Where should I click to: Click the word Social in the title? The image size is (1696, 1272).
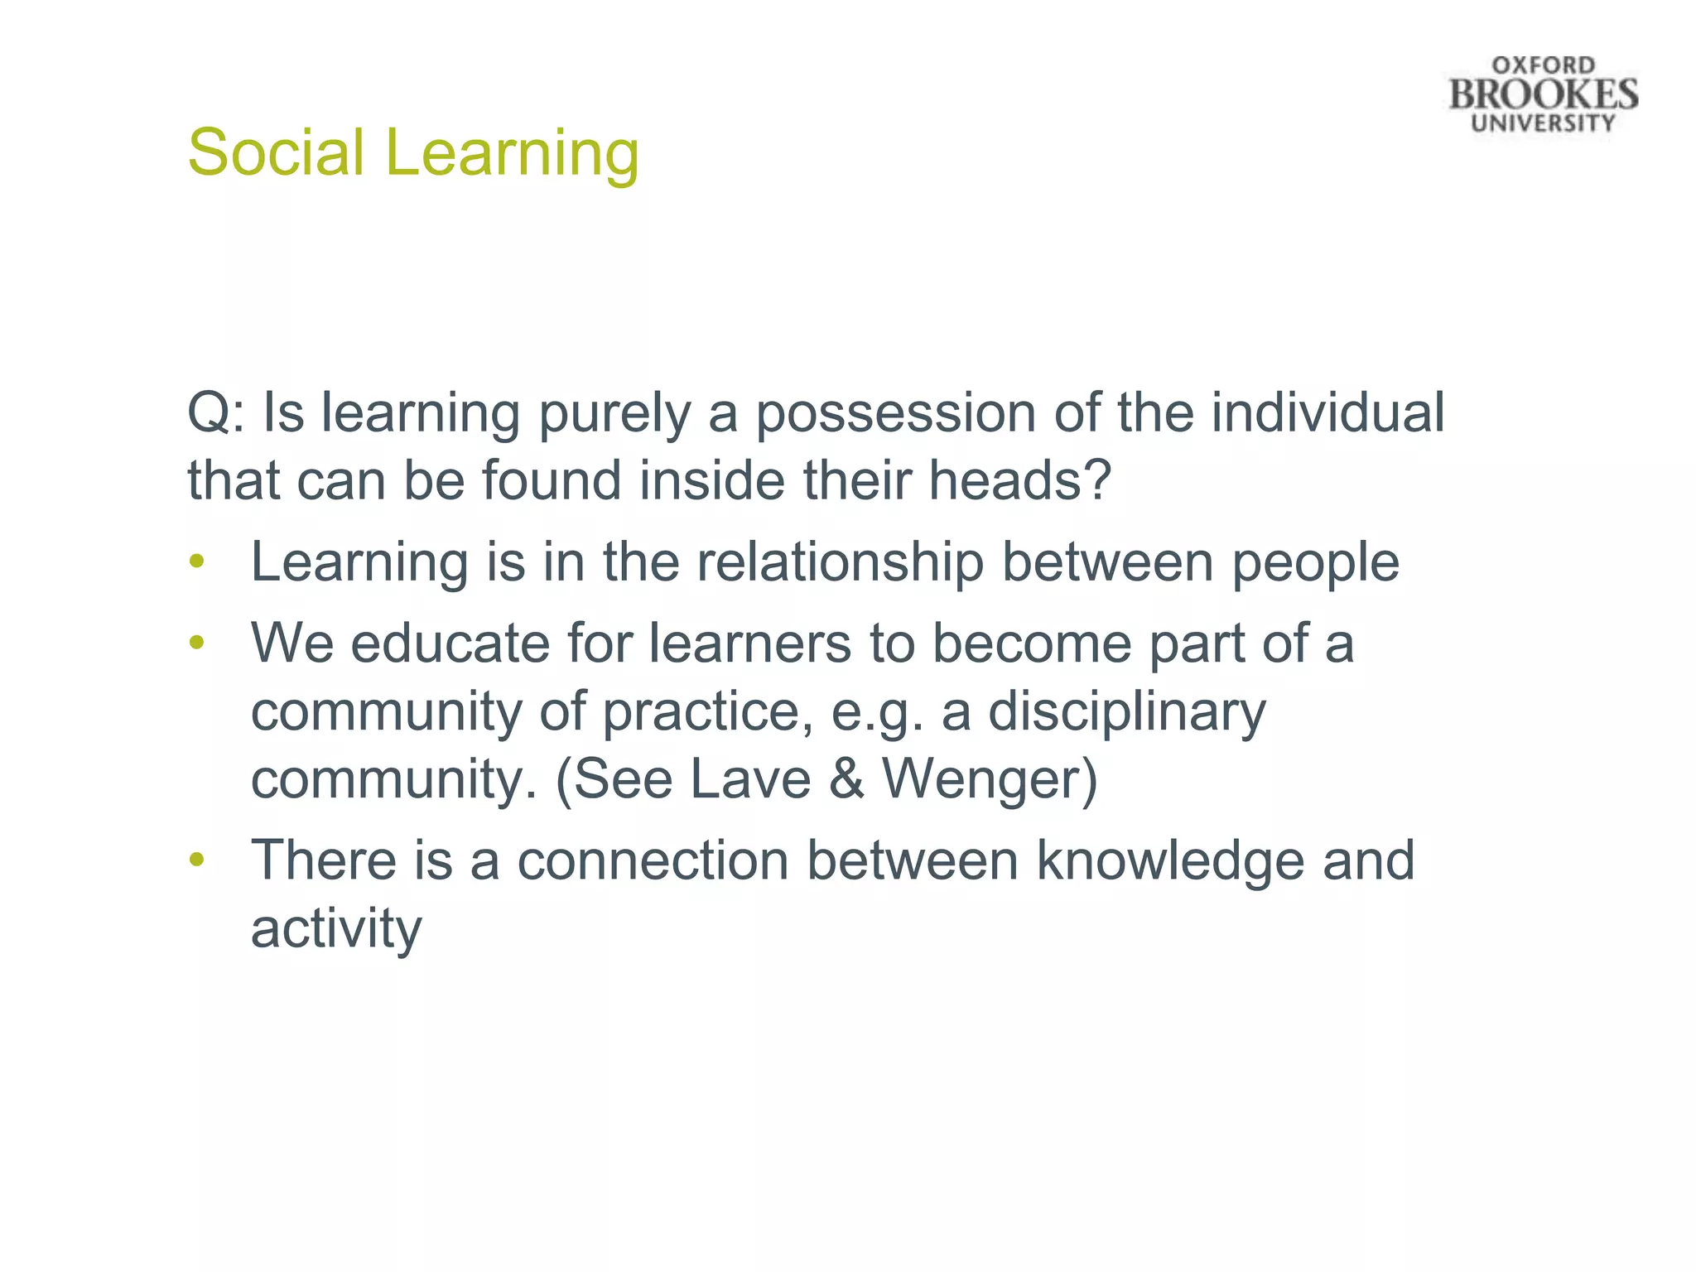point(276,152)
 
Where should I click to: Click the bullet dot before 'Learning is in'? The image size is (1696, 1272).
point(196,562)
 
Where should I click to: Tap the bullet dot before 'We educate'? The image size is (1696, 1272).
point(196,643)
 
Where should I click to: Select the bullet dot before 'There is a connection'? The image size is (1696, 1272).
point(196,860)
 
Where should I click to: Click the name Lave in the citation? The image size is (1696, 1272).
point(749,779)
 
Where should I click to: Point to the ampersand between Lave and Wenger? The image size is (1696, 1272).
point(846,779)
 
